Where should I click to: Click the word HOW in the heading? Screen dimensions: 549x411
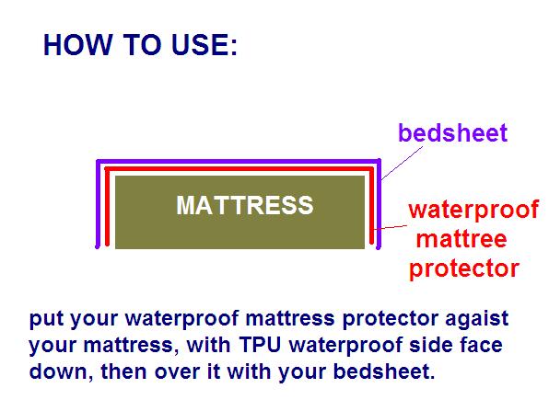[77, 45]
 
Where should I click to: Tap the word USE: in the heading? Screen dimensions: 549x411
[204, 45]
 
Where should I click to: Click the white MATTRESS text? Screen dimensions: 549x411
[245, 205]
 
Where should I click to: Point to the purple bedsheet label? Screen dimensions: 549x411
[452, 132]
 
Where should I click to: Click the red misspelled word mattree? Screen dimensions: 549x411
[461, 239]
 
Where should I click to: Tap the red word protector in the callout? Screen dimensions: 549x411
[464, 269]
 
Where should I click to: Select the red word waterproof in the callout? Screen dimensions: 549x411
[473, 210]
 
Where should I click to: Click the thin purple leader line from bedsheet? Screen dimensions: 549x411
[402, 163]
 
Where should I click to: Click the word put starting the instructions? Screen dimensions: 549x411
[47, 319]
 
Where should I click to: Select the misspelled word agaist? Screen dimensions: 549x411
[476, 319]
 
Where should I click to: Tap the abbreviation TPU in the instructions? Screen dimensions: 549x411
[261, 345]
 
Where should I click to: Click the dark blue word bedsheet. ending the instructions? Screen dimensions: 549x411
[384, 371]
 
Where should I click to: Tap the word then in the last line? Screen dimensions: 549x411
[124, 371]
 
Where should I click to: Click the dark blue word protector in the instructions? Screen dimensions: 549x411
[390, 320]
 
